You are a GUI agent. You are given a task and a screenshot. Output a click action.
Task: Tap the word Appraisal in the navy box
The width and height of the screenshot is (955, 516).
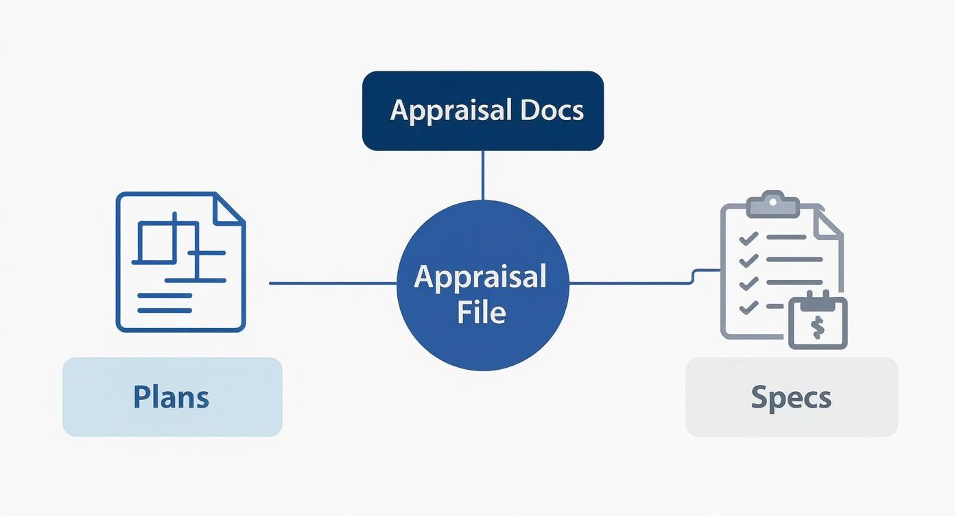coord(449,110)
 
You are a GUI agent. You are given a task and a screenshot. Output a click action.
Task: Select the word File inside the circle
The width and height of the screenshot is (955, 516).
coord(482,312)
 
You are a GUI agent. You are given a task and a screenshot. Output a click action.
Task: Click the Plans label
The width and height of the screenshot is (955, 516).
coord(172,397)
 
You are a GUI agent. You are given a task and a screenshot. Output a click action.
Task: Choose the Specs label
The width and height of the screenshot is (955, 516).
coord(791,397)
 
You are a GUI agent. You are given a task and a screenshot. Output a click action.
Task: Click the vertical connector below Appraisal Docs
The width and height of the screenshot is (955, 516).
coord(483,175)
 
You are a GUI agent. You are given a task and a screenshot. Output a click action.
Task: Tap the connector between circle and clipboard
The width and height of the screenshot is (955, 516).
coord(631,283)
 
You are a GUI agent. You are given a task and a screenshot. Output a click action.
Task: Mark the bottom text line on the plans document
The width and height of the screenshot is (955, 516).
coord(165,310)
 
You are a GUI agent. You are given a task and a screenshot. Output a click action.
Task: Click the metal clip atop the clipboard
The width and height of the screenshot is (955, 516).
coord(773,203)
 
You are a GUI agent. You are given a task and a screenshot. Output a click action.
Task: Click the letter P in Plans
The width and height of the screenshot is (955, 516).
coord(141,397)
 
